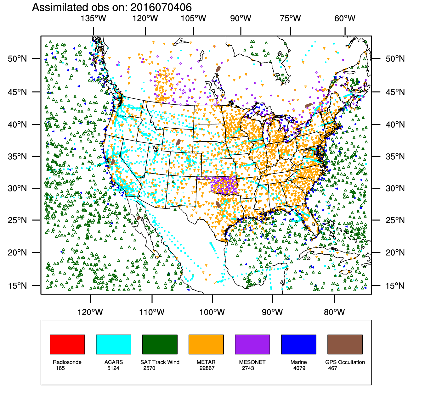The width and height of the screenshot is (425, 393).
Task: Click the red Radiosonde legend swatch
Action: (67, 344)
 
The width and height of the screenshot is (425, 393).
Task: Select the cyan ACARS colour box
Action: (113, 344)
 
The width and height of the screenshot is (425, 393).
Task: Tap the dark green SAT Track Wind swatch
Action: (160, 344)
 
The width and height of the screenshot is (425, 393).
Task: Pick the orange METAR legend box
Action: (206, 344)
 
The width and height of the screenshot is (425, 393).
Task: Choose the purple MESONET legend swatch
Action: (252, 344)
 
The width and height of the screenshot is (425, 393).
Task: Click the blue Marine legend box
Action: (298, 344)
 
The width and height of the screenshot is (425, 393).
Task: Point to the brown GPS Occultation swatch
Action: (345, 344)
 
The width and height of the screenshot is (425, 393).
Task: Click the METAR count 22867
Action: (207, 368)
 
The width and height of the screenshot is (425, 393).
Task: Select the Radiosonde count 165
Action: (60, 368)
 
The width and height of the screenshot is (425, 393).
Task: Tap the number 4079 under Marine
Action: (299, 368)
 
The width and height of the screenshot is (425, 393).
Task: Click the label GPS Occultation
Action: (345, 362)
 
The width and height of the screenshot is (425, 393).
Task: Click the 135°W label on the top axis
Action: (93, 18)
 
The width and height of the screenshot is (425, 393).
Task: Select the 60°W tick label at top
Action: (345, 18)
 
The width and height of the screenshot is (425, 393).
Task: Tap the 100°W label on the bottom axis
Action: (212, 312)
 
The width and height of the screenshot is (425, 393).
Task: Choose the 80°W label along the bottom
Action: (334, 312)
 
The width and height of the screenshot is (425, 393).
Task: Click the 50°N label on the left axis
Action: (17, 59)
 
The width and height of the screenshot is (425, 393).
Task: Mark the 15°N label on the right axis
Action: (395, 286)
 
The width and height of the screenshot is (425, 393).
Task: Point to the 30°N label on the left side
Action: (17, 188)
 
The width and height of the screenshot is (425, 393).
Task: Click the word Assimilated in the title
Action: (59, 7)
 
